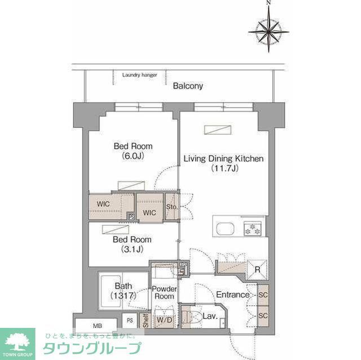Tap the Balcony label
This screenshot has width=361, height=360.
[188, 86]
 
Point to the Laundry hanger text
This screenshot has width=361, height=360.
[139, 74]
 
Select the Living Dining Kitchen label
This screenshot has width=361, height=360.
[223, 158]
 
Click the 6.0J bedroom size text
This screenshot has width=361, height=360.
[133, 155]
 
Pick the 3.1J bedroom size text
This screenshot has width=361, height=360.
[133, 248]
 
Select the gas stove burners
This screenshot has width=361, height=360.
[251, 228]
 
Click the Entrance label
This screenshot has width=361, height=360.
[232, 295]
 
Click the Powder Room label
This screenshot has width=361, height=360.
[164, 292]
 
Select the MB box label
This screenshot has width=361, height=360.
[97, 325]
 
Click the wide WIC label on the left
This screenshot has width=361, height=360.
[103, 203]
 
